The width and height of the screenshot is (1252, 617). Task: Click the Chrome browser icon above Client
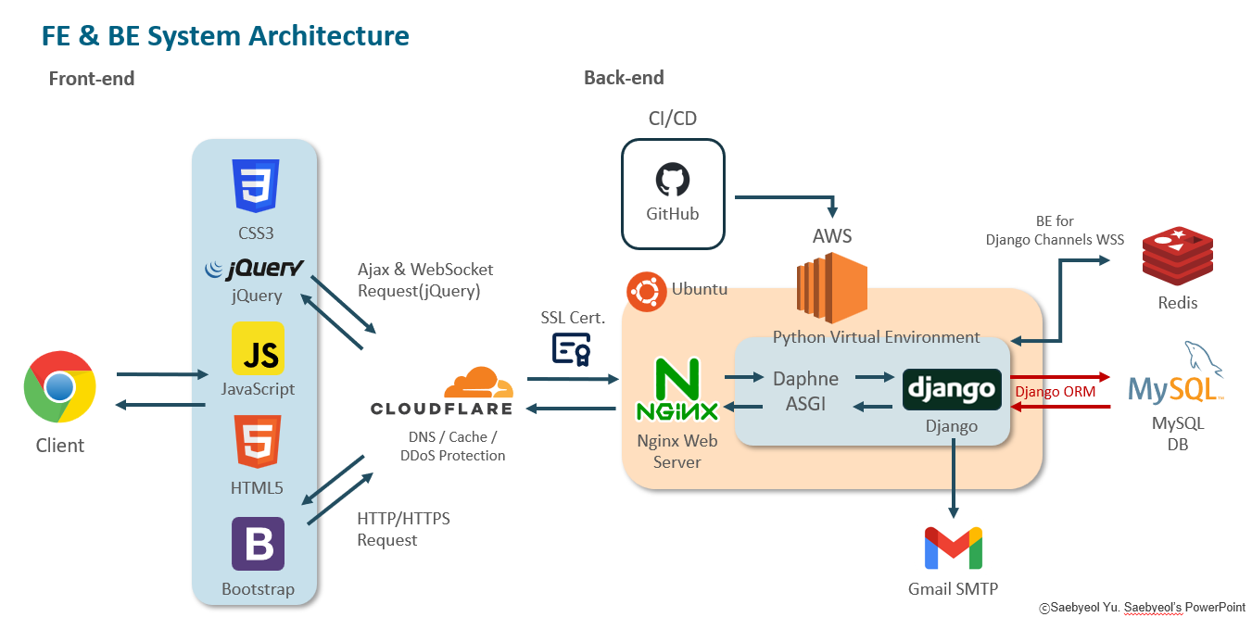[59, 386]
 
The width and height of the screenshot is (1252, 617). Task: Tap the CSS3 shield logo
[257, 185]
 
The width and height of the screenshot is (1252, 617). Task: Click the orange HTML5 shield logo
[257, 441]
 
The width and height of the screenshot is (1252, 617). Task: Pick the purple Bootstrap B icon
[258, 543]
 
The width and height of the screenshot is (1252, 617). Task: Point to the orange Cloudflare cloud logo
[477, 382]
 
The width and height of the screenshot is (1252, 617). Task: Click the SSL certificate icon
[572, 348]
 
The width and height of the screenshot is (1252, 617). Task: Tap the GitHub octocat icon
[672, 179]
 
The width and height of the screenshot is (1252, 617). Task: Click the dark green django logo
[952, 389]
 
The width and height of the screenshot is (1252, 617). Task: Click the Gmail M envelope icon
[953, 548]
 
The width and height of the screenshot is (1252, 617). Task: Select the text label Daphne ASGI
[805, 391]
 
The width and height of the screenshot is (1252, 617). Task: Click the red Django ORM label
[1055, 392]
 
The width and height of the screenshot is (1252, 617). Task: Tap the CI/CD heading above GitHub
[672, 118]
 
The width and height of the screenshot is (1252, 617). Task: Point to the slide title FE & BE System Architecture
[225, 36]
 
